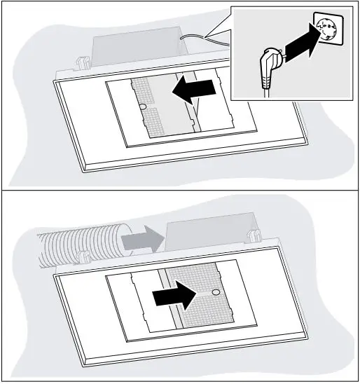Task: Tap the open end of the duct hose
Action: pyautogui.click(x=125, y=242)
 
